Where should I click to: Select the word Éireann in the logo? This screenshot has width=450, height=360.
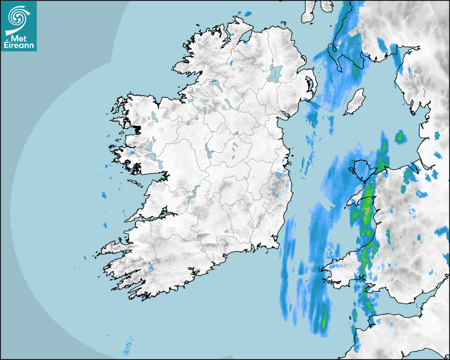coord(19,46)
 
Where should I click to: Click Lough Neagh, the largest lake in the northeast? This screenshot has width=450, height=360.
coord(275,73)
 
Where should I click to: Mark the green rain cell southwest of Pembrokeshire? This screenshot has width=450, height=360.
coord(323,320)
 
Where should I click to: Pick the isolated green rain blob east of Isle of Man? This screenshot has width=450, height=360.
coord(399,137)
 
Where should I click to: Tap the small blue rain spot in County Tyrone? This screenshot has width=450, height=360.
coord(231,62)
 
